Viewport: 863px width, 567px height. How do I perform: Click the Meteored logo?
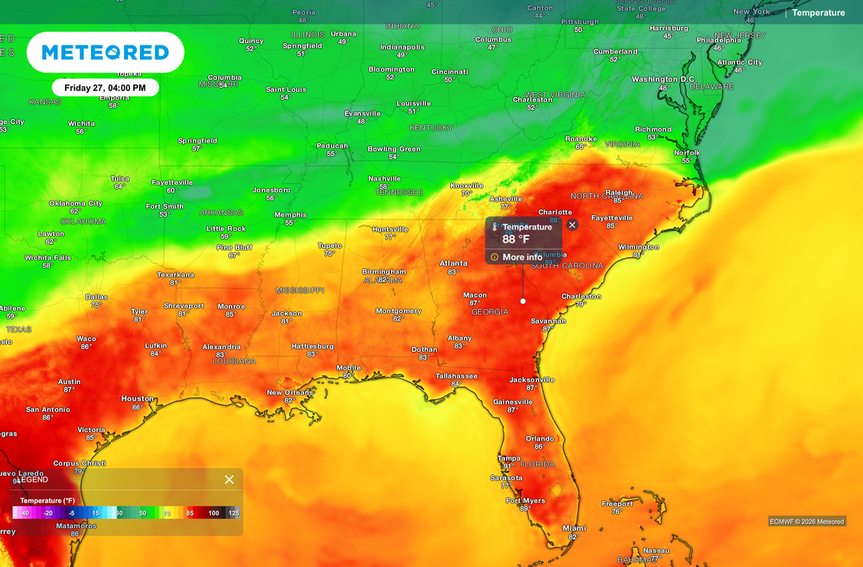[105, 52]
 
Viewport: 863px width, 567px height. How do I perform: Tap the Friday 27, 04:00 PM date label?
[105, 87]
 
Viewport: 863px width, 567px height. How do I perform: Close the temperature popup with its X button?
[572, 224]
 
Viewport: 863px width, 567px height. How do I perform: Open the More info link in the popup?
[522, 257]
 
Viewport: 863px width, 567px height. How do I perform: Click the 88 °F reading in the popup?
[516, 239]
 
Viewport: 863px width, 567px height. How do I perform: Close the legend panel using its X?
[229, 479]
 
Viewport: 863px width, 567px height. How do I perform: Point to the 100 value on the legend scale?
[214, 513]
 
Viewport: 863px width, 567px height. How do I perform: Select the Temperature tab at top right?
[817, 13]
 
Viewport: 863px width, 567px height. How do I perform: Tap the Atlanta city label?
[453, 263]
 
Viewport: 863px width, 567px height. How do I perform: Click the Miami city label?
[574, 528]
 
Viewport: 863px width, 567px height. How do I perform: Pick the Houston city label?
[137, 398]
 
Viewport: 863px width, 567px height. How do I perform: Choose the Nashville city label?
[384, 179]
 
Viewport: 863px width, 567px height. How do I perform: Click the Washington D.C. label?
[663, 79]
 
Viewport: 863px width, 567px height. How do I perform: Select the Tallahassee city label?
[457, 375]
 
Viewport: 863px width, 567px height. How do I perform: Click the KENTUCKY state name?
[431, 128]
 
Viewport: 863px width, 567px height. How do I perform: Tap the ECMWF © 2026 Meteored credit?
[807, 521]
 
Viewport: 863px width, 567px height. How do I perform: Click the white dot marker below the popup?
[523, 300]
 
